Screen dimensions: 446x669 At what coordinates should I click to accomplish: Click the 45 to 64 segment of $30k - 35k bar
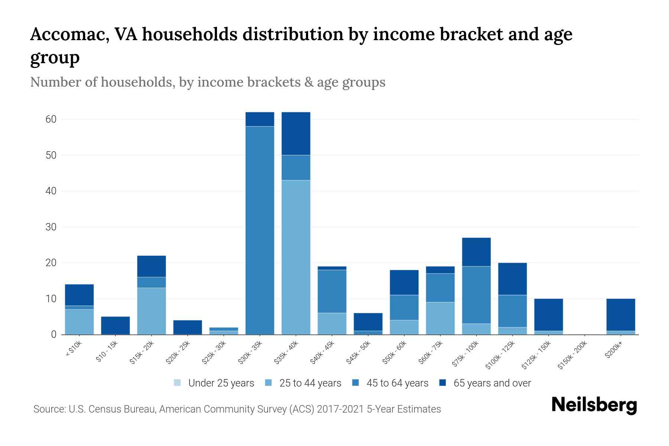coord(260,230)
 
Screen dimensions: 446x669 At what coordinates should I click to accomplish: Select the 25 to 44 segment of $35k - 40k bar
coord(296,257)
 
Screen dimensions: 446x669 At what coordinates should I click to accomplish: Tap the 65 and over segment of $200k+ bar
coord(621,314)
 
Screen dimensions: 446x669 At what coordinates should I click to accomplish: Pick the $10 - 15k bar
coord(115,326)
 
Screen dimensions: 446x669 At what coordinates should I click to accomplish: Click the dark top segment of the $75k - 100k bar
coord(476,252)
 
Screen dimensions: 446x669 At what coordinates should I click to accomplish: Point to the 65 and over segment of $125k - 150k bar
coord(548,314)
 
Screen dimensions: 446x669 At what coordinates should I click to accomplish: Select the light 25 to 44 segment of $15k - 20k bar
coord(151,311)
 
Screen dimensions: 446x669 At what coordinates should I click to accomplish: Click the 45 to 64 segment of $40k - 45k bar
coord(332,291)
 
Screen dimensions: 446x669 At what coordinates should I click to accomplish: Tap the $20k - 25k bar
coord(187,327)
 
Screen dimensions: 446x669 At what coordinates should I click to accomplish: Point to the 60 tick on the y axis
coord(51,119)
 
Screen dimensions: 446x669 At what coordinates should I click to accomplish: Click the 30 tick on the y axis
coord(51,227)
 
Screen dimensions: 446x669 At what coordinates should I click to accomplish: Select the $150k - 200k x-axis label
coord(573,355)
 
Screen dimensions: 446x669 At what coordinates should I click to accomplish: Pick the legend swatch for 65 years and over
coord(443,383)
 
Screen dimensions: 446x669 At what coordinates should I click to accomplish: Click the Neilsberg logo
coord(594,405)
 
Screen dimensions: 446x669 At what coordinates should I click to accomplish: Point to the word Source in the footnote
coord(49,409)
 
